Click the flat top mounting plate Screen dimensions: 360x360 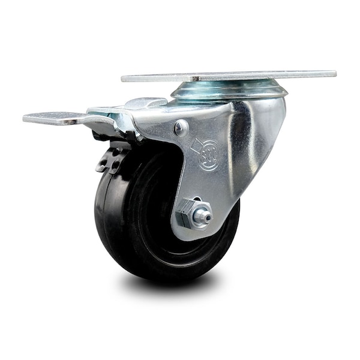(228, 76)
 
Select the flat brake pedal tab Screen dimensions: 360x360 (48, 118)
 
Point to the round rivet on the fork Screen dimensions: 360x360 (181, 127)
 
